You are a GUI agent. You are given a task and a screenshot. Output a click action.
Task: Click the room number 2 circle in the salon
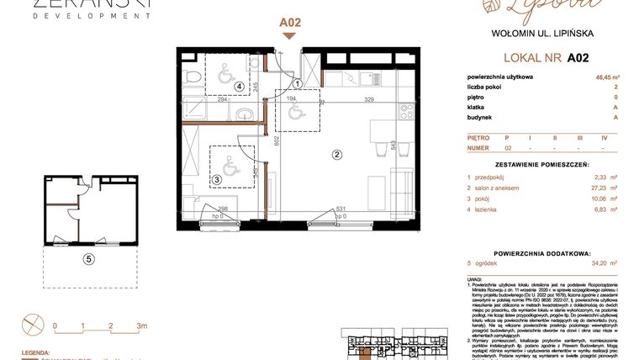(336, 154)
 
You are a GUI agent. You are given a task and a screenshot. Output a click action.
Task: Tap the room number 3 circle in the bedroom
(216, 178)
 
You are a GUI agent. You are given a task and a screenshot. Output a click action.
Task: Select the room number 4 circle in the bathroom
(240, 85)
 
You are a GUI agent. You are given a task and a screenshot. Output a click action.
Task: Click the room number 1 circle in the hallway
(300, 83)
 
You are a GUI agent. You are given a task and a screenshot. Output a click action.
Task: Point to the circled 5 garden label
(88, 259)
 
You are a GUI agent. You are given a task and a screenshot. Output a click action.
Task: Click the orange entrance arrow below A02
(288, 36)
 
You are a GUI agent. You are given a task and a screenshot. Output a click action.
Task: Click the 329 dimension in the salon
(345, 99)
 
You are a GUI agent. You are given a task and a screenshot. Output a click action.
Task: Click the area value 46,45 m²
(602, 77)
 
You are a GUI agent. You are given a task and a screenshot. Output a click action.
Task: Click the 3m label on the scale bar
(141, 325)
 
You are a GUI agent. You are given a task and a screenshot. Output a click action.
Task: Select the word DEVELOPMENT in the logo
(80, 16)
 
